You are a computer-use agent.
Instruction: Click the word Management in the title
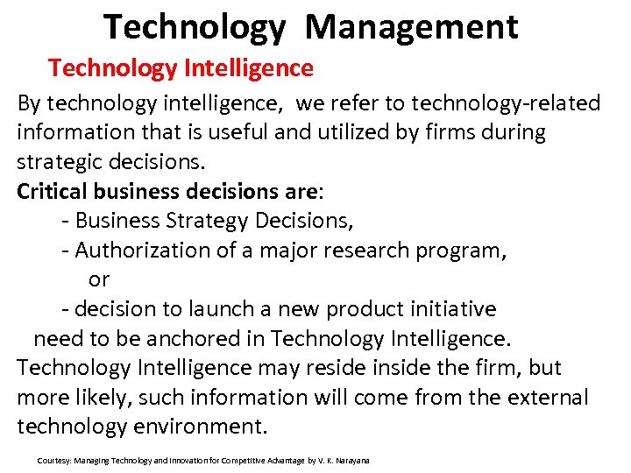pos(412,27)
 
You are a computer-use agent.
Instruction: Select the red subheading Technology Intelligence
pos(181,67)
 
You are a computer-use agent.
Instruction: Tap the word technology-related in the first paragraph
pos(506,103)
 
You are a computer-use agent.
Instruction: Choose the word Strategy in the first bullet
pos(208,221)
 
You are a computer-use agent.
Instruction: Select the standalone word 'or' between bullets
pos(99,279)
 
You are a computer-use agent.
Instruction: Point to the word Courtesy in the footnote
pos(54,461)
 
